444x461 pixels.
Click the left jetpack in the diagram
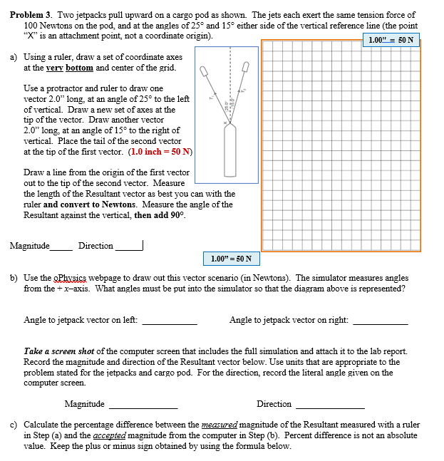(x=205, y=72)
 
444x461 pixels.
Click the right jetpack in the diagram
(x=246, y=68)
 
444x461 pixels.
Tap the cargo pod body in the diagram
(x=229, y=153)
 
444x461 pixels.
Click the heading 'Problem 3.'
(x=31, y=14)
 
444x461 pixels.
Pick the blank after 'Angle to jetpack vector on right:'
(x=381, y=323)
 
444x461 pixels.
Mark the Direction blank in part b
(x=329, y=407)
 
